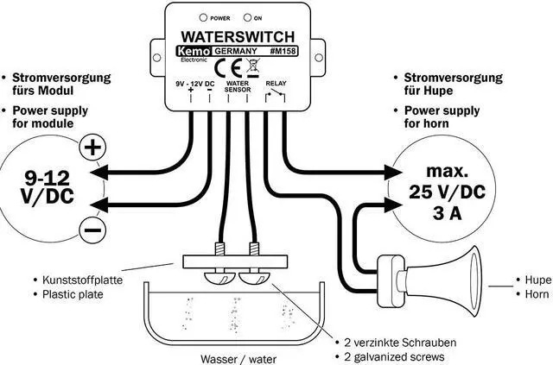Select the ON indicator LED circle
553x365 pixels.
tap(247, 17)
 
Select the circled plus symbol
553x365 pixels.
tap(91, 148)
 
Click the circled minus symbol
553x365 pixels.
tap(92, 229)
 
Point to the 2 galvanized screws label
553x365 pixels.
tap(391, 356)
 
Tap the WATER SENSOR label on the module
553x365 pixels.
tap(237, 86)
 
